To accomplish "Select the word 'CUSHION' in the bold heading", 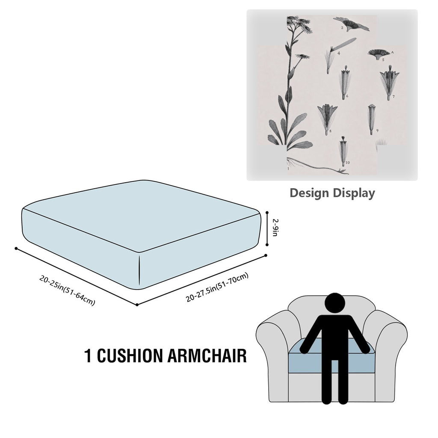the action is pyautogui.click(x=129, y=355).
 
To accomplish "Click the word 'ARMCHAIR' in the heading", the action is pyautogui.click(x=207, y=355).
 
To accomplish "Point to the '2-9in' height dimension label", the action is pyautogui.click(x=275, y=228).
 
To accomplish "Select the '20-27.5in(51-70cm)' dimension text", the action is pyautogui.click(x=217, y=287).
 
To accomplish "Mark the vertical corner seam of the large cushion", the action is pyautogui.click(x=139, y=270).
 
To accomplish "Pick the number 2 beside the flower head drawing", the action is pyautogui.click(x=342, y=28).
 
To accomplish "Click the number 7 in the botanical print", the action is pyautogui.click(x=394, y=97).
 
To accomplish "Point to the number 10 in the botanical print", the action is pyautogui.click(x=347, y=162).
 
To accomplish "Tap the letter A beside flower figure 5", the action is pyautogui.click(x=392, y=52).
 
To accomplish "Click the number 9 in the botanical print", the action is pyautogui.click(x=377, y=130).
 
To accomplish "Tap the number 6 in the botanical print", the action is pyautogui.click(x=347, y=96).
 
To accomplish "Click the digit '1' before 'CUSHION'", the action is pyautogui.click(x=88, y=355).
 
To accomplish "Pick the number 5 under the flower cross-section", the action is pyautogui.click(x=383, y=59).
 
